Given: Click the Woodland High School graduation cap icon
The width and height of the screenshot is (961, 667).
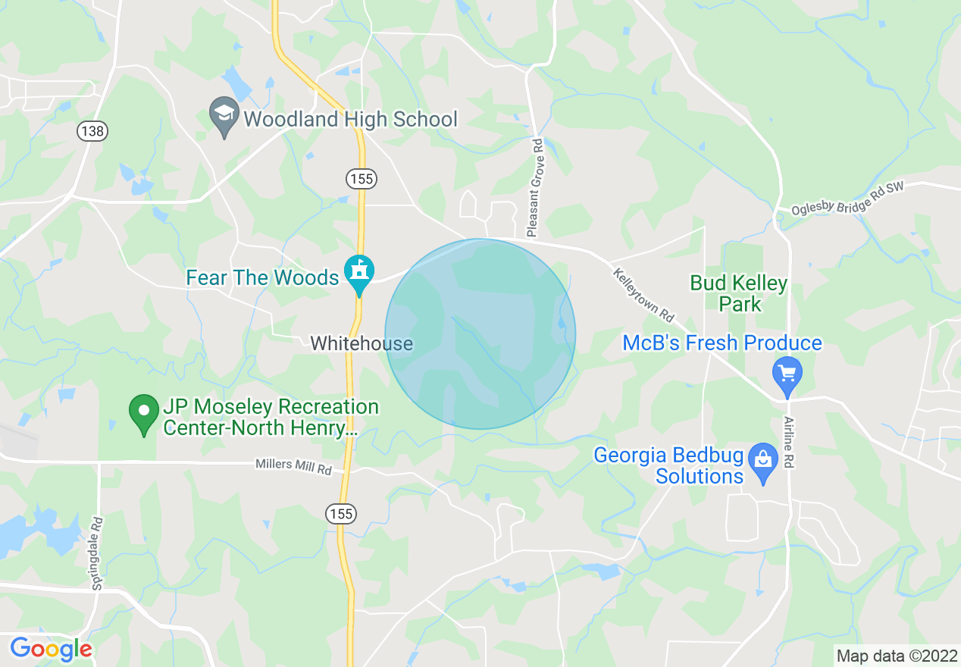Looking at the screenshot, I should tap(224, 115).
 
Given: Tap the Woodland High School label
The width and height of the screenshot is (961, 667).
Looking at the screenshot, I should tap(350, 119).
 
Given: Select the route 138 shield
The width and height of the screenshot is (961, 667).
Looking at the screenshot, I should tap(92, 131).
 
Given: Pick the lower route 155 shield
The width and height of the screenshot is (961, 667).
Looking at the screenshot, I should tap(340, 515).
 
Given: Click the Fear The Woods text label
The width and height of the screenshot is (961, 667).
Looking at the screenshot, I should tap(262, 278).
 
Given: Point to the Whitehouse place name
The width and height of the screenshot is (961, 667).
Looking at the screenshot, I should tap(362, 343).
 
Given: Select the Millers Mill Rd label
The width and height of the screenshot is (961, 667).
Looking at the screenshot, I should tap(293, 465).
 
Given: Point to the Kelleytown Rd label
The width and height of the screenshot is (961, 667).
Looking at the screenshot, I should tap(643, 293).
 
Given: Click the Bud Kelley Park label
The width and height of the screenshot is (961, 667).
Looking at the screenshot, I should tap(739, 294).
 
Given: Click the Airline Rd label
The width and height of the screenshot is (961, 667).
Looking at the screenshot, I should tap(789, 441).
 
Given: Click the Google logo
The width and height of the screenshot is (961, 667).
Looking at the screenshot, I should tap(51, 649).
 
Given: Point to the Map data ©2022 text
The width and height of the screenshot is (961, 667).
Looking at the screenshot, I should tap(895, 656).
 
